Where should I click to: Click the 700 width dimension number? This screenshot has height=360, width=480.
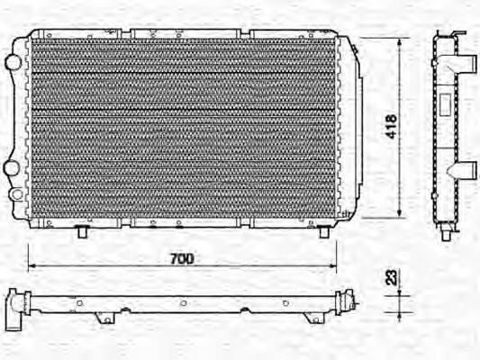pos(182,258)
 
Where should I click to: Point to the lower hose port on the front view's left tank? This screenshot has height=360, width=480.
pos(11,167)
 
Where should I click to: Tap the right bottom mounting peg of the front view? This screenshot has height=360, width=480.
pos(323,232)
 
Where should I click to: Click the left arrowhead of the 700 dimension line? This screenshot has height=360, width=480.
pos(32,266)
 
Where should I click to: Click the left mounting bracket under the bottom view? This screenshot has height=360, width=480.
pos(106,317)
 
